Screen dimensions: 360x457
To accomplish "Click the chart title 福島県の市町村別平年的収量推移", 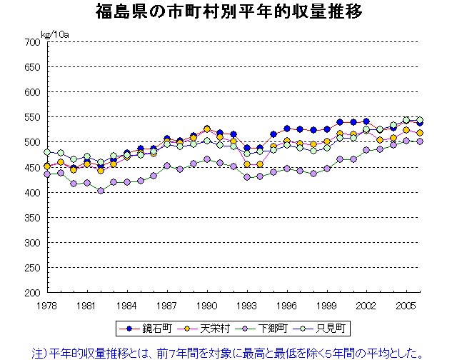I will pyautogui.click(x=228, y=12).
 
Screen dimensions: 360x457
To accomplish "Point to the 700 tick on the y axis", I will pyautogui.click(x=31, y=42).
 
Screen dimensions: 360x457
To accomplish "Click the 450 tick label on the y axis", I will pyautogui.click(x=31, y=168).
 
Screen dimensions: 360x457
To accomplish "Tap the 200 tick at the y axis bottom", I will pyautogui.click(x=31, y=293).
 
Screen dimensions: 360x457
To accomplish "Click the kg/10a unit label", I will pyautogui.click(x=54, y=34).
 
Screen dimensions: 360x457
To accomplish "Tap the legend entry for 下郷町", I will pyautogui.click(x=266, y=329).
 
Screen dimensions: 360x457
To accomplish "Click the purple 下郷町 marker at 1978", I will pyautogui.click(x=47, y=174).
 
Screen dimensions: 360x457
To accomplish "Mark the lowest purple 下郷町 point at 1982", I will pyautogui.click(x=101, y=191).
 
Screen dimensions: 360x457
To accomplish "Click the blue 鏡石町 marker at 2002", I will pyautogui.click(x=367, y=121).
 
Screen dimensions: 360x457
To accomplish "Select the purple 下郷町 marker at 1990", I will pyautogui.click(x=207, y=159).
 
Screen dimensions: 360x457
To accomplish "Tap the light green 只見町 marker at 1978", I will pyautogui.click(x=47, y=152).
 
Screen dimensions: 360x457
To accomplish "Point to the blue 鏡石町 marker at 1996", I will pyautogui.click(x=287, y=129).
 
